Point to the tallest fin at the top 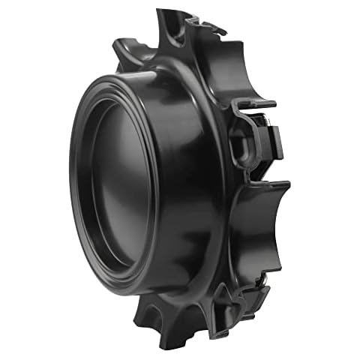[x=169, y=30]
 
